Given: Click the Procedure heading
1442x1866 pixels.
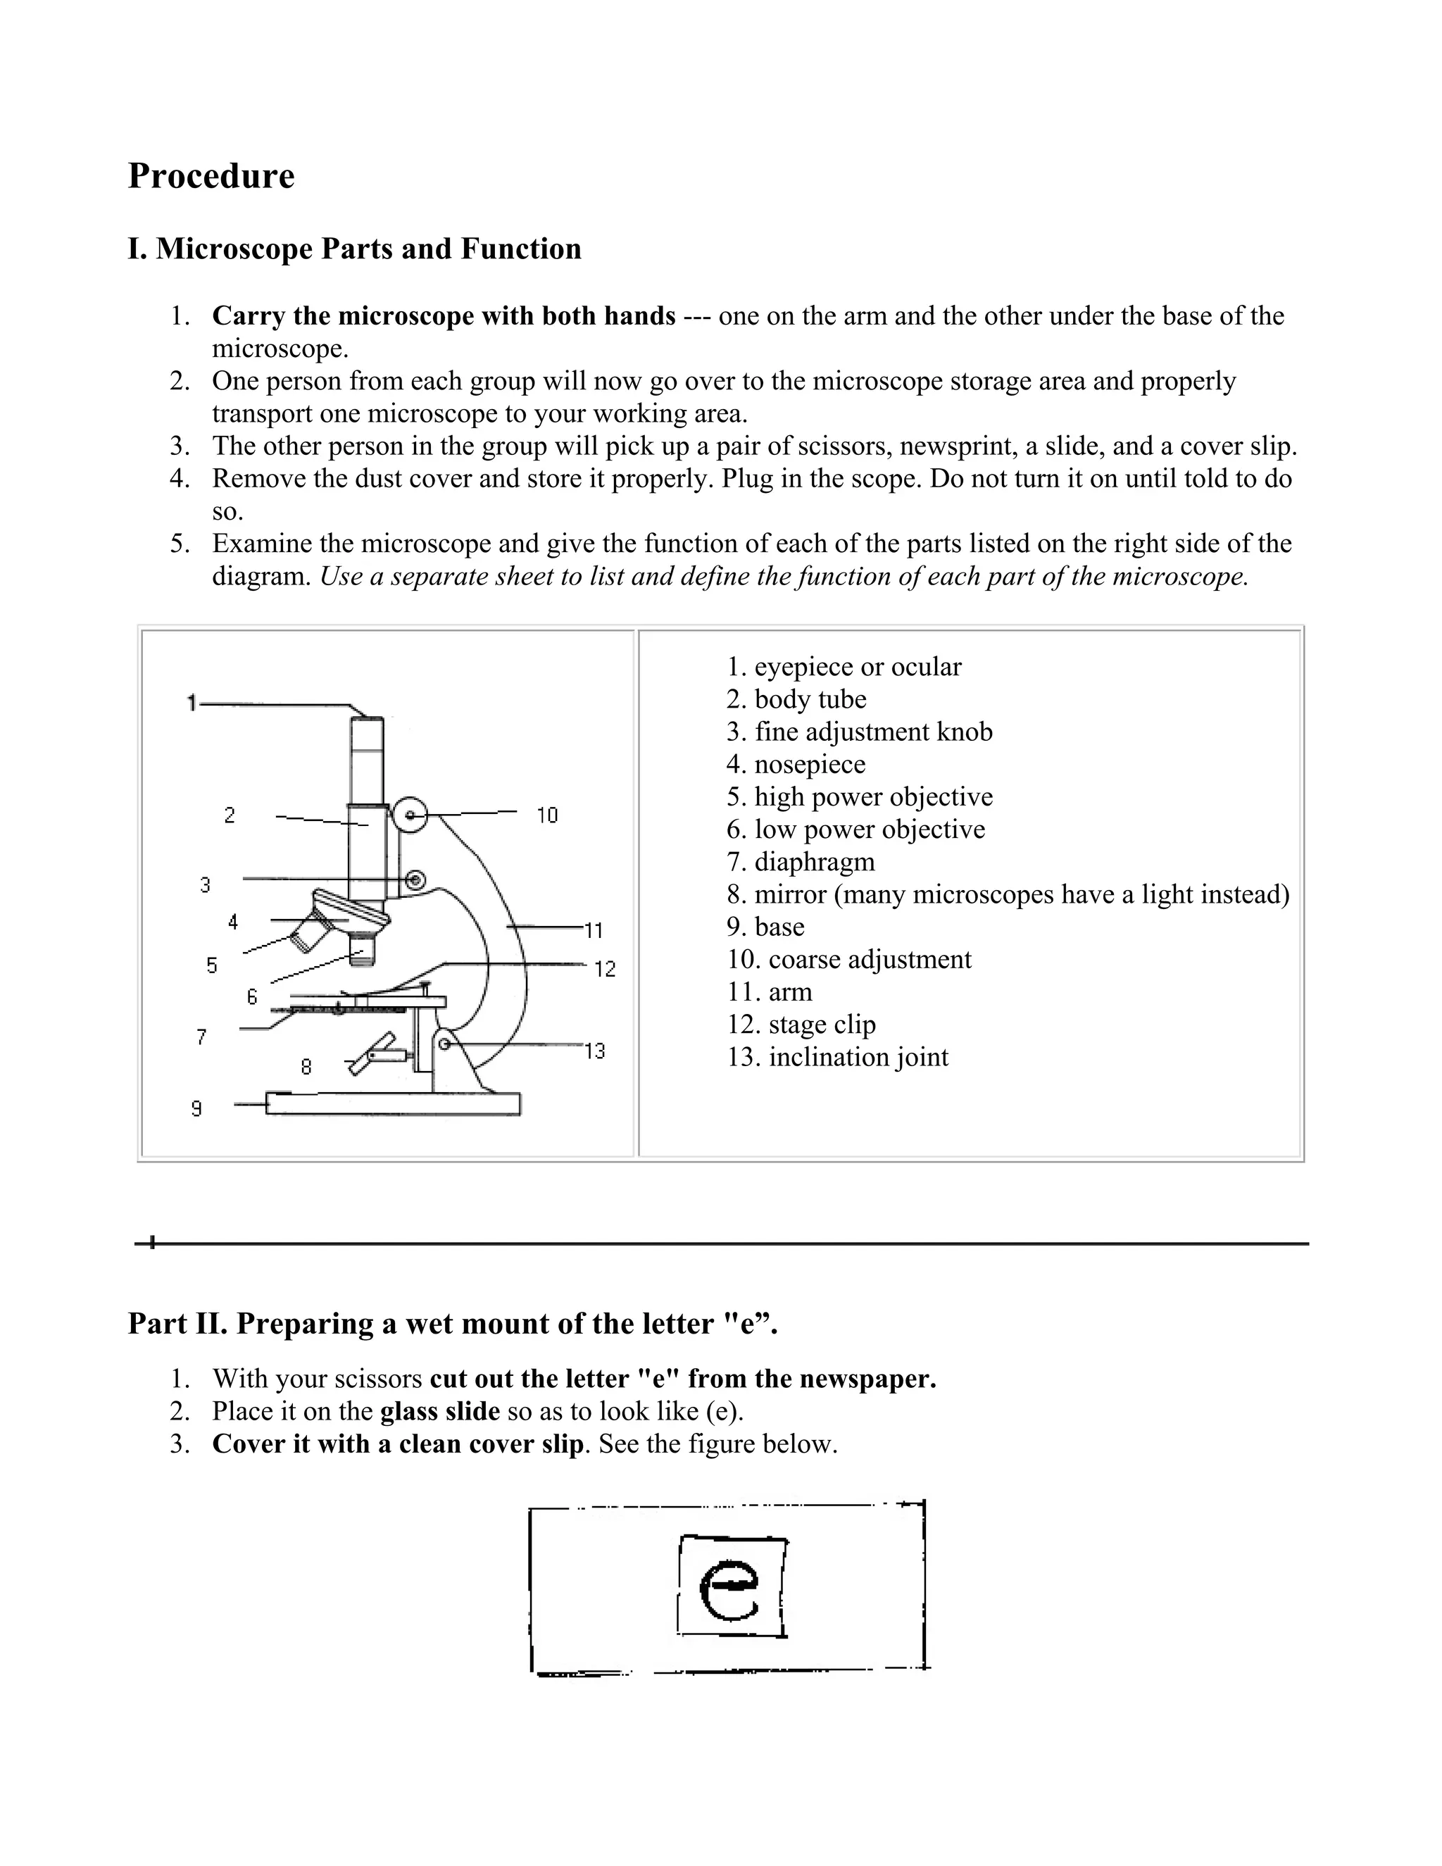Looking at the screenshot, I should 211,176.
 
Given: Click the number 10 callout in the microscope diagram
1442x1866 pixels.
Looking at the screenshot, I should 546,815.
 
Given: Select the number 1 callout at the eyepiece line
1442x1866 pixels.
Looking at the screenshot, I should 192,703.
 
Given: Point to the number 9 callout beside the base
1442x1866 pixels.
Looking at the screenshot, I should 196,1109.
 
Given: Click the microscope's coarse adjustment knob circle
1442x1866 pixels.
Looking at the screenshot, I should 411,815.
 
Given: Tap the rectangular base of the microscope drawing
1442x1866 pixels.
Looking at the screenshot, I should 393,1104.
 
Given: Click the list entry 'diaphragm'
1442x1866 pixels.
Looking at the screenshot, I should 814,861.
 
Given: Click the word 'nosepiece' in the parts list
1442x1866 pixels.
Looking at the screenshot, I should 809,764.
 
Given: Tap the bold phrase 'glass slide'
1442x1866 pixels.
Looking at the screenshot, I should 440,1410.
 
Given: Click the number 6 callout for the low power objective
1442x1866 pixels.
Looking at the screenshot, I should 252,996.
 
